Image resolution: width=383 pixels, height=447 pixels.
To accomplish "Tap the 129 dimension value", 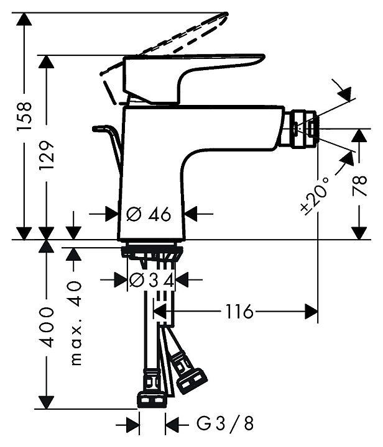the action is (x=46, y=155).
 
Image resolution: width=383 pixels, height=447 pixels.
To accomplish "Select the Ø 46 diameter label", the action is (x=149, y=214).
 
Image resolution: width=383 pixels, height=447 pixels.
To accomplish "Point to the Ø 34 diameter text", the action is (x=152, y=281).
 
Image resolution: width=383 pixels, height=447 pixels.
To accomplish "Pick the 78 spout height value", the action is (x=359, y=186).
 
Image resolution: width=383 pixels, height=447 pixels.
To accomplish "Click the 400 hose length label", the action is (x=46, y=327).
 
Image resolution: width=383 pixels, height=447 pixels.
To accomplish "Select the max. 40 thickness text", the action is (x=75, y=323).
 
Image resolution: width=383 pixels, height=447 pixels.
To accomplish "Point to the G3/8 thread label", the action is (x=224, y=424).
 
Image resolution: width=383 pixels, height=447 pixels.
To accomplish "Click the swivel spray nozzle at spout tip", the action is (x=300, y=129).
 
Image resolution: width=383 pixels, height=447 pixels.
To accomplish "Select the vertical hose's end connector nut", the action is (x=152, y=400).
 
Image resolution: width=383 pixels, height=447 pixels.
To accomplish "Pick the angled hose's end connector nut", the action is (x=191, y=381).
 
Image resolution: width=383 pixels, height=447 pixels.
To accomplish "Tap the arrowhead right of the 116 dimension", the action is (x=311, y=311).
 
